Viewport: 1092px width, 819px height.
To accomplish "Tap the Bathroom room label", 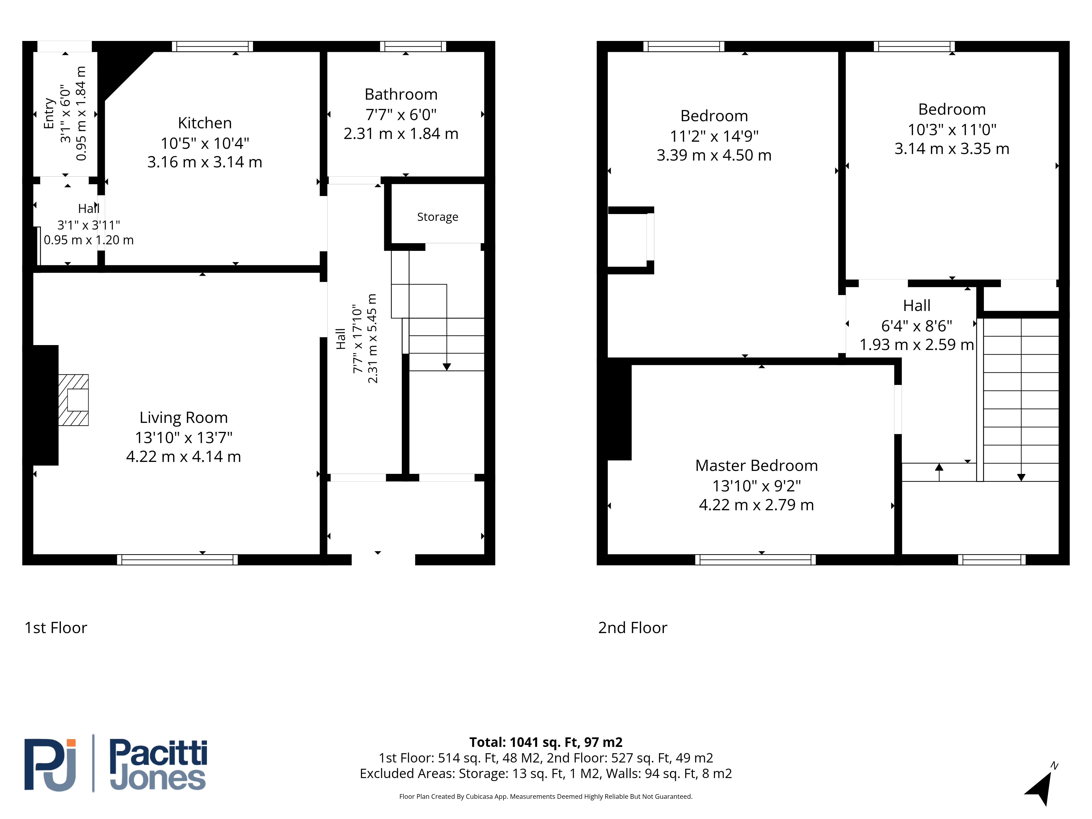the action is [401, 94].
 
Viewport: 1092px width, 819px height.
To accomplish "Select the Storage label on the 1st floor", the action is [437, 217].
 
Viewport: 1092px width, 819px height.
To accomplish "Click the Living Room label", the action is [184, 418].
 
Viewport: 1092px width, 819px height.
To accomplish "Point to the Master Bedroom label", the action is [756, 465].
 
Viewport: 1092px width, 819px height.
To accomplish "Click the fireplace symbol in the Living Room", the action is [73, 400].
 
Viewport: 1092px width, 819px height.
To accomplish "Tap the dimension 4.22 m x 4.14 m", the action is [184, 457].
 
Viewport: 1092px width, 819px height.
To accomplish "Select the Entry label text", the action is [49, 114].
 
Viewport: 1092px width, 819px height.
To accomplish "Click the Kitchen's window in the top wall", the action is [212, 46].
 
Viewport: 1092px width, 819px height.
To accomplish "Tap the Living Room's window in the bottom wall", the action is [177, 560].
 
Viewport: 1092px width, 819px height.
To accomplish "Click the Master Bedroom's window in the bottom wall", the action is [755, 560].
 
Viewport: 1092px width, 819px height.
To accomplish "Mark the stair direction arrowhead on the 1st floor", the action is [447, 367].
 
